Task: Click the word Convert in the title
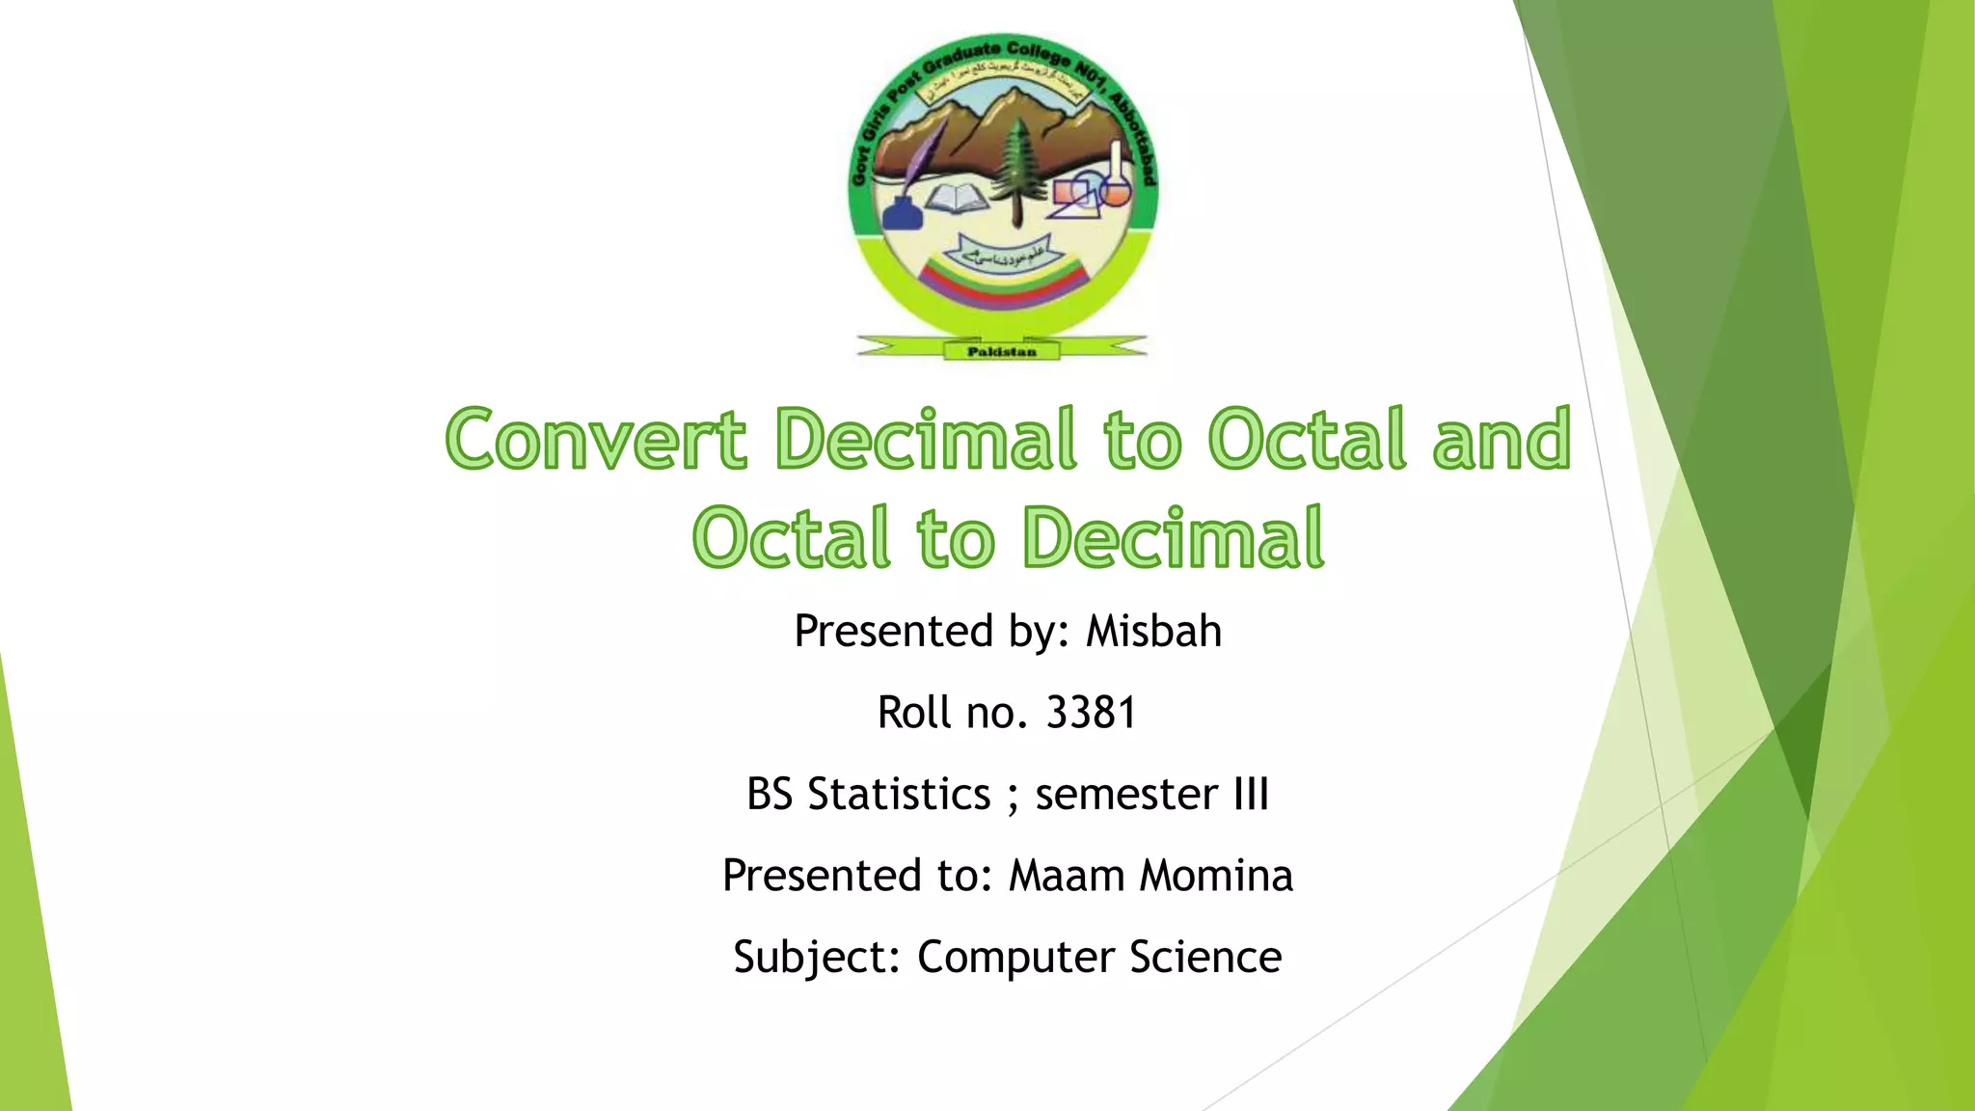coord(596,440)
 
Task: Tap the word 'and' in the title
coord(1502,440)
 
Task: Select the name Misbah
coord(1153,632)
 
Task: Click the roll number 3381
coord(1091,714)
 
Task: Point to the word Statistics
coord(899,795)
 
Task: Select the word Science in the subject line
coord(1205,958)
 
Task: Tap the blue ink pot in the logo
coord(902,212)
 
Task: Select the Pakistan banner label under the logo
coord(1001,352)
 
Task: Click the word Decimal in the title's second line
coord(1173,538)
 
